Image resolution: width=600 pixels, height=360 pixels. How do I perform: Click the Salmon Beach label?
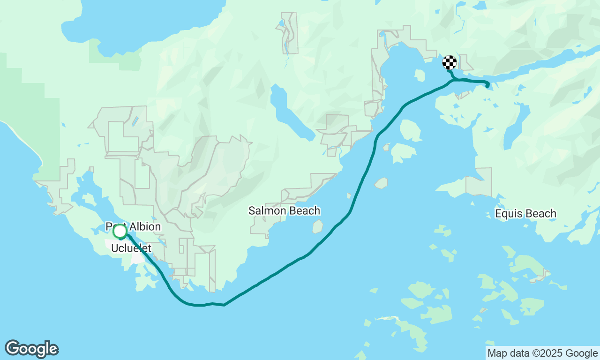pyautogui.click(x=284, y=211)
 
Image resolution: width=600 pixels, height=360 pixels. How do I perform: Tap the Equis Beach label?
pyautogui.click(x=525, y=214)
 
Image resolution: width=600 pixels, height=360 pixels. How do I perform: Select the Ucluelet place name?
pyautogui.click(x=131, y=248)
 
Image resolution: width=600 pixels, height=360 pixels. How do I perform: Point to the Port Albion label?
pyautogui.click(x=133, y=227)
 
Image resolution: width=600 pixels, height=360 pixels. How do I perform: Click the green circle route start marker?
pyautogui.click(x=120, y=231)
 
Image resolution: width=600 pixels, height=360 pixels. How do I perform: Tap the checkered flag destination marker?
pyautogui.click(x=450, y=62)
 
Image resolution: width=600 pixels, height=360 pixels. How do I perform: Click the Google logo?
pyautogui.click(x=31, y=349)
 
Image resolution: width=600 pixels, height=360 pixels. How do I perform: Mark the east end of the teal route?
pyautogui.click(x=487, y=85)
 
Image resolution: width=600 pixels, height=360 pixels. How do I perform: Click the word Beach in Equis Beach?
pyautogui.click(x=541, y=214)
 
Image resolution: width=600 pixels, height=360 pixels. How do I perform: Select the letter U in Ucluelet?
pyautogui.click(x=114, y=248)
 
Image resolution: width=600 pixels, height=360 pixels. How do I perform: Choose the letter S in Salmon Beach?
pyautogui.click(x=252, y=211)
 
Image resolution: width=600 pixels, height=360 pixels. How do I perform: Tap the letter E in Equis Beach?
pyautogui.click(x=498, y=214)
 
